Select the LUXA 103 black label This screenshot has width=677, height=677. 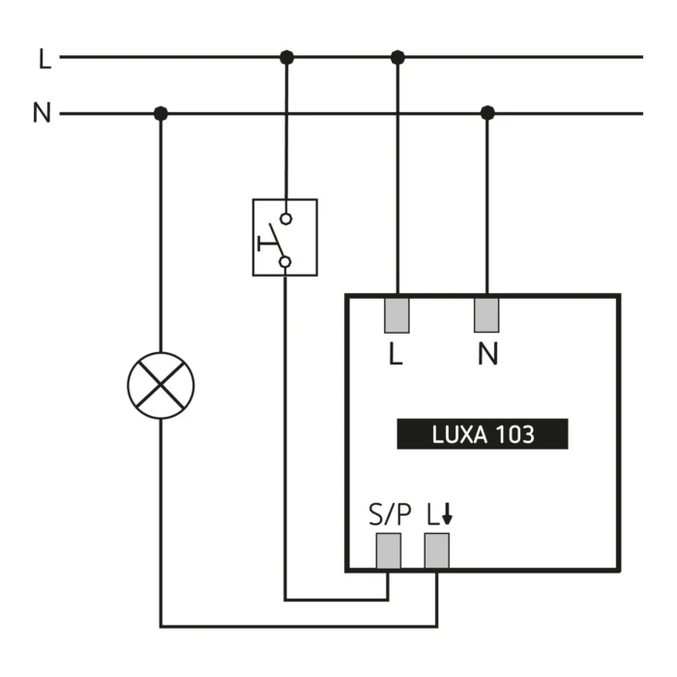point(483,434)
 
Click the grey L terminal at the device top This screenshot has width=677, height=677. point(397,315)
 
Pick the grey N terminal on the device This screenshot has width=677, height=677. point(486,315)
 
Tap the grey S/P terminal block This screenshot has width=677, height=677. point(389,551)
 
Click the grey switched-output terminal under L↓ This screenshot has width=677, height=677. point(437,551)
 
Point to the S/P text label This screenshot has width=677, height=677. point(390,515)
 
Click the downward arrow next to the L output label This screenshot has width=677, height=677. point(447,514)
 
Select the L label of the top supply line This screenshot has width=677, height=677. point(44,59)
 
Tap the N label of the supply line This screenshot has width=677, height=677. point(42,113)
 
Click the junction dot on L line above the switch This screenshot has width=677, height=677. point(286,57)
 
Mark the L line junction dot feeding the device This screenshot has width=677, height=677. point(397,57)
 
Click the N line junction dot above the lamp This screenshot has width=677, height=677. point(161,113)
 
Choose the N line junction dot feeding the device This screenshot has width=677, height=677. point(487,113)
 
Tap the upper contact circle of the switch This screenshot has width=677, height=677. point(286,220)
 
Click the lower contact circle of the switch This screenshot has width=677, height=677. point(285,262)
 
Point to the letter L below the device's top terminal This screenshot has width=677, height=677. point(396,354)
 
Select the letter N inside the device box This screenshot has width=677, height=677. point(487,354)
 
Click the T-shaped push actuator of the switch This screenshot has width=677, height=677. point(268,244)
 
